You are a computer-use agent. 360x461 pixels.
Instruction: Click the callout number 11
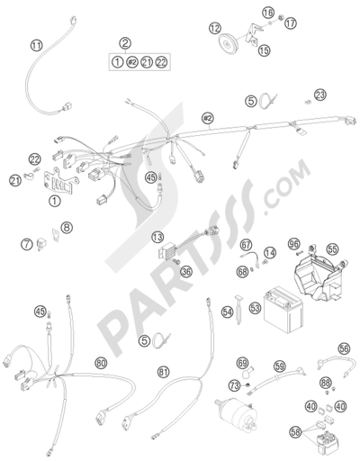36,45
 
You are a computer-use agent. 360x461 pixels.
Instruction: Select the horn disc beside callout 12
228,44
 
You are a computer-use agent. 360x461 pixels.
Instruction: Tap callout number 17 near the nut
290,23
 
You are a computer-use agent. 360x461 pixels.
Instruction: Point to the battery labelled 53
283,310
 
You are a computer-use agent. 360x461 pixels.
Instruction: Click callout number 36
186,272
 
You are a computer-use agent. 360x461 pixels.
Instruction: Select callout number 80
101,364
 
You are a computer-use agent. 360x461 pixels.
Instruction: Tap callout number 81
163,373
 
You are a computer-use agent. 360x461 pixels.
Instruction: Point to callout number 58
295,432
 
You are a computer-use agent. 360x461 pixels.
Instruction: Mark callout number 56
344,348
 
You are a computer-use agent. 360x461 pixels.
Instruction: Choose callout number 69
243,364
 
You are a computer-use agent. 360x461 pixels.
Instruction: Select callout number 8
67,227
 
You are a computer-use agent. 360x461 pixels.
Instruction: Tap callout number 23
320,95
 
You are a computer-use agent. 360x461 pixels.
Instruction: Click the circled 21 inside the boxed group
147,62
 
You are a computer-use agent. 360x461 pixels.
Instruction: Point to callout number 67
246,245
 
